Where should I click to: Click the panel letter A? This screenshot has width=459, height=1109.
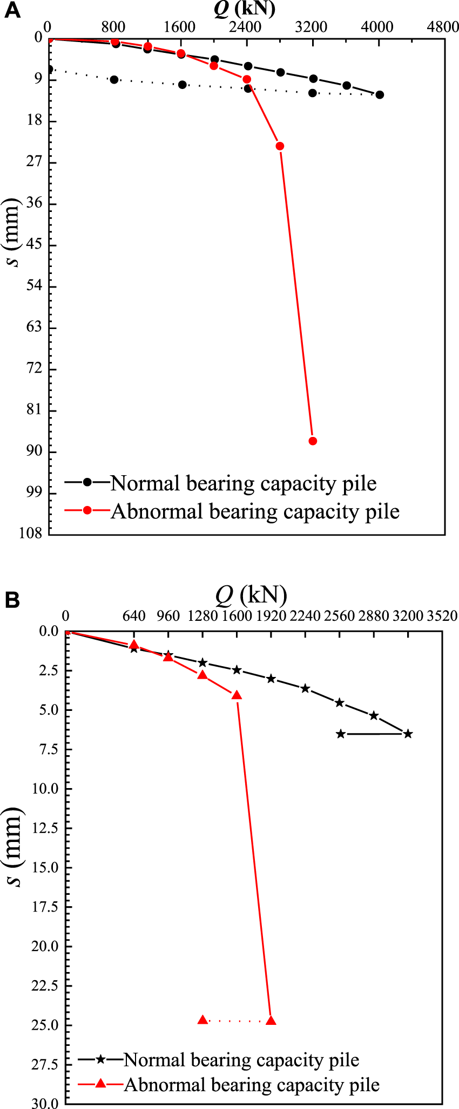coord(11,11)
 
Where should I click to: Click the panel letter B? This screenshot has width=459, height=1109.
coord(11,600)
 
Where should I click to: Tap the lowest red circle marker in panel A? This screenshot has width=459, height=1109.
coord(313,441)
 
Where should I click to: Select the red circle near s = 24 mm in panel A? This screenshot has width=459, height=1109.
coord(280,146)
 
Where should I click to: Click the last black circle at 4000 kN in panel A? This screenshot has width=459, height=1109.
coord(380,95)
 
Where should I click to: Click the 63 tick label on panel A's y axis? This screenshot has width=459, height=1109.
coord(34,327)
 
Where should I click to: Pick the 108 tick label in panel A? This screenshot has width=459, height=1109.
coord(31,534)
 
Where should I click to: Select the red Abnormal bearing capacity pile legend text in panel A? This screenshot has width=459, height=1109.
coord(255,511)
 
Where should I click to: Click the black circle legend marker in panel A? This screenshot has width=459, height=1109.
coord(87,482)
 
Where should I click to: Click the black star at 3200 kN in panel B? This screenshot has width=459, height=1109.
coord(408,734)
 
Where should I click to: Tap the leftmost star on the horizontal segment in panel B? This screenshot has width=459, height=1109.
coord(341,734)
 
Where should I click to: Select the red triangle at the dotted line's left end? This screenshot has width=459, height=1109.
coord(203,1020)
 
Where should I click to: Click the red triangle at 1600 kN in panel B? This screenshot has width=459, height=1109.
coord(237,695)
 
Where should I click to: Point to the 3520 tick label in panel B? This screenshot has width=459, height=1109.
coord(442,616)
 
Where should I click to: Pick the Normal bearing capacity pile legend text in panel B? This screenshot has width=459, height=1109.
coord(241,1060)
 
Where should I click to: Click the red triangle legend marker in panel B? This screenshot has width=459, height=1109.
coord(100,1083)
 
